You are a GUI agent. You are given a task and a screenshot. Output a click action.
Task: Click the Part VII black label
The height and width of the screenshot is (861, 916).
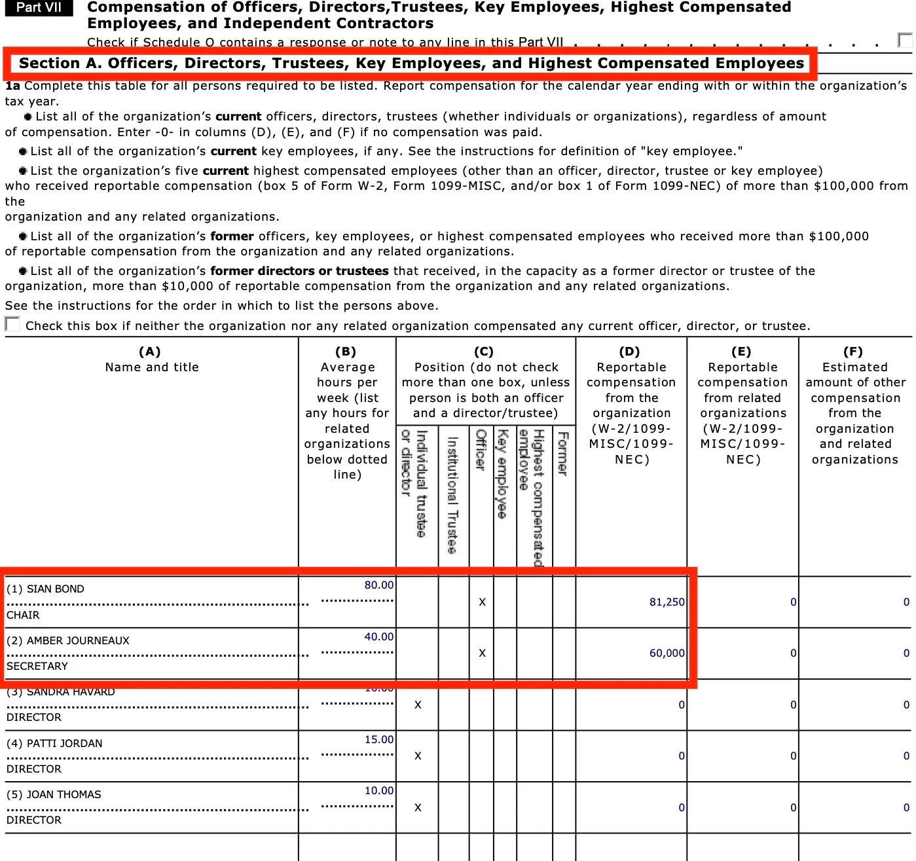[39, 8]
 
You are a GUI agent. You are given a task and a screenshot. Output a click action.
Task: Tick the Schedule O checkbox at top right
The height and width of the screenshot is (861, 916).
[905, 40]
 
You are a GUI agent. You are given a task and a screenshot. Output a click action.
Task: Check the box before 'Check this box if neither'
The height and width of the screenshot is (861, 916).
[12, 324]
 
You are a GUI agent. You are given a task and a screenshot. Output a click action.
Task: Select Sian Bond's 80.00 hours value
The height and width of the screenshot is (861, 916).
[379, 585]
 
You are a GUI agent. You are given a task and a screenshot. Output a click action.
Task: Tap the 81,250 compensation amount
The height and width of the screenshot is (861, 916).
[667, 602]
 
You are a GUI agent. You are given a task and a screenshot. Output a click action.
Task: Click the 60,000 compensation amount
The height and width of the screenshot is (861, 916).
[667, 653]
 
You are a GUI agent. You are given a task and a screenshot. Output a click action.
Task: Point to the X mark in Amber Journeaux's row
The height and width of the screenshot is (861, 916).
[482, 653]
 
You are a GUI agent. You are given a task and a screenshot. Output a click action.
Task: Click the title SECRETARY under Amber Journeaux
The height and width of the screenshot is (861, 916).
[37, 667]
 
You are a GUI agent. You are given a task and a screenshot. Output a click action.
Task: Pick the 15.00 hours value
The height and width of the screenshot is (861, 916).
[379, 740]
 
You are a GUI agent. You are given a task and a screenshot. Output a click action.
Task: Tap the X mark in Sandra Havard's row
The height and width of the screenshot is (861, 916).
[418, 705]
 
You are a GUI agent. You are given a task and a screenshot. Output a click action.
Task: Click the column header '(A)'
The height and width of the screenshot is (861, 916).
[150, 352]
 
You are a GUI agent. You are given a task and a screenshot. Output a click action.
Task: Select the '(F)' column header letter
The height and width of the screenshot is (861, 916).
[852, 352]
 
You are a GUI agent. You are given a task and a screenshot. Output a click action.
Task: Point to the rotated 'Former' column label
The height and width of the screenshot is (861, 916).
[562, 453]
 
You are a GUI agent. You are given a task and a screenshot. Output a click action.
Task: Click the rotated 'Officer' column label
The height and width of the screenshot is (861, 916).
[481, 450]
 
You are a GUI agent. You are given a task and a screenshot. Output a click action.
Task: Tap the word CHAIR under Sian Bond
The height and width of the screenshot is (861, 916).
[23, 615]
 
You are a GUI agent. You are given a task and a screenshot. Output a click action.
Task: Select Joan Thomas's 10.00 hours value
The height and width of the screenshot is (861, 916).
[379, 791]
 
